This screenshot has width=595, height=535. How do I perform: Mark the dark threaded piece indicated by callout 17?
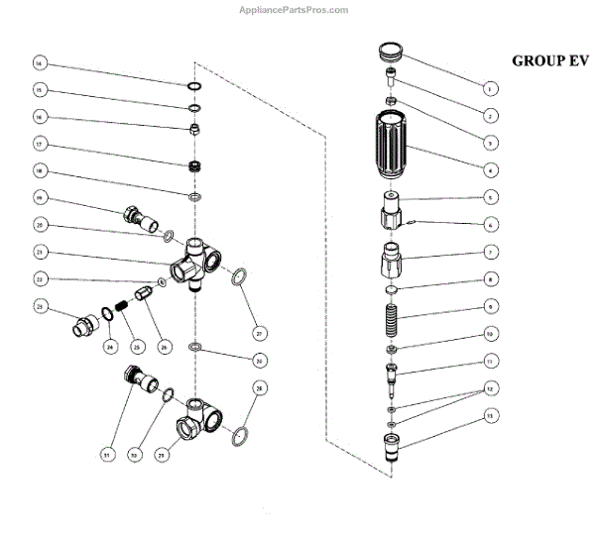[x=196, y=163]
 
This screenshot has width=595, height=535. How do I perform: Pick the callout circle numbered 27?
[x=259, y=332]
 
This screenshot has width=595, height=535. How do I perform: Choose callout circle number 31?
[x=105, y=455]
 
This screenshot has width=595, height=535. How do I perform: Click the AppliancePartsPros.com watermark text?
[x=295, y=10]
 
